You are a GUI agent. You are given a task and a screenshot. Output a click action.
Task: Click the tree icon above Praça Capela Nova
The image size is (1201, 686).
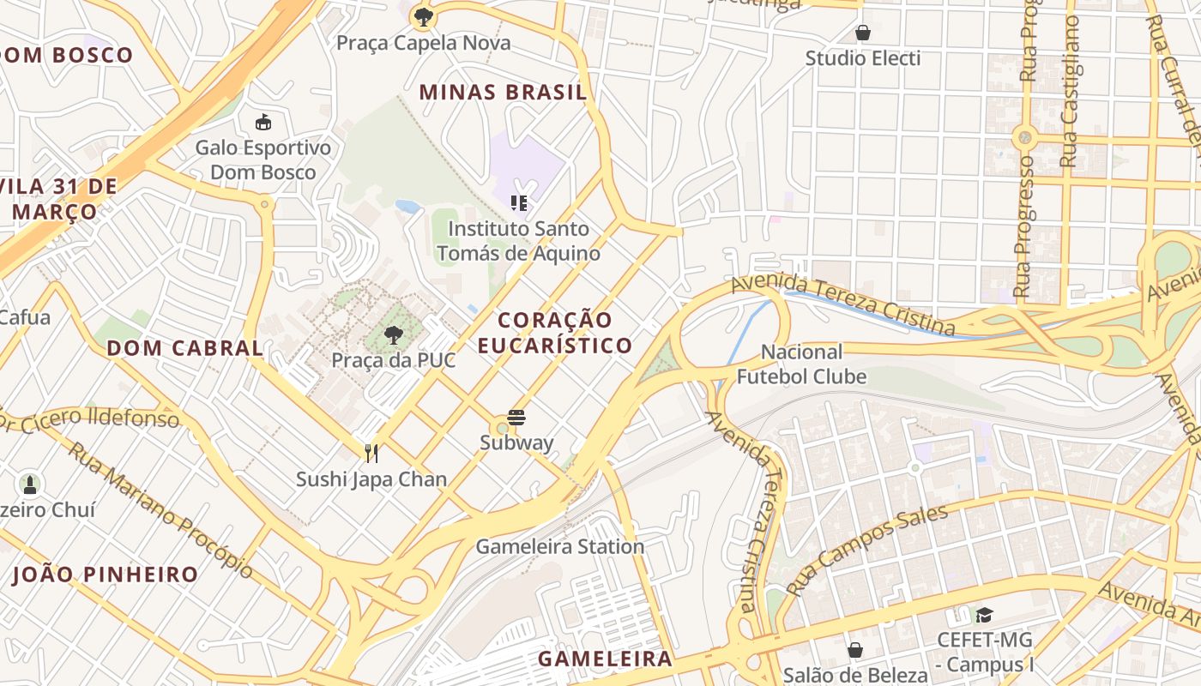(422, 15)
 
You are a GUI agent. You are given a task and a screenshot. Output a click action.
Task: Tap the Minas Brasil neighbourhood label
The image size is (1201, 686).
(504, 92)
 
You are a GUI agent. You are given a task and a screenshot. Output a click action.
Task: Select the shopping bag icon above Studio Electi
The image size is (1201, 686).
(862, 33)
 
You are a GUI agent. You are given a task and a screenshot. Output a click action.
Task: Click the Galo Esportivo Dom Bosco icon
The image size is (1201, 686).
(263, 122)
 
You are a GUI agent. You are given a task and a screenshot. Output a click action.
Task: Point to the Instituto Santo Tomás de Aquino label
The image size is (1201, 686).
(518, 241)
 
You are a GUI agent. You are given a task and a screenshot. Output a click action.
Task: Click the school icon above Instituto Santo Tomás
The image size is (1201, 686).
(518, 202)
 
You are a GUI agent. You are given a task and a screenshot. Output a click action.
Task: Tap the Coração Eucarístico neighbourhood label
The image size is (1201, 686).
(555, 333)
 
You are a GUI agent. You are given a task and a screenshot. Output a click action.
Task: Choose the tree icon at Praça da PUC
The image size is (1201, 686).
(393, 334)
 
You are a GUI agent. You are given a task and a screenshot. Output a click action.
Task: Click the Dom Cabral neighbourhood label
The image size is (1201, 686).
(184, 348)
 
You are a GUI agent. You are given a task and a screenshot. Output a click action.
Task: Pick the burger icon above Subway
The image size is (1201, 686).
(516, 418)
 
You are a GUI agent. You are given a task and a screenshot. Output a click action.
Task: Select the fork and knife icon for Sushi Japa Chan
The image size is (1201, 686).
(371, 453)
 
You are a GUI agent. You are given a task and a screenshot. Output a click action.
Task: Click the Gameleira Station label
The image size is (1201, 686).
(559, 547)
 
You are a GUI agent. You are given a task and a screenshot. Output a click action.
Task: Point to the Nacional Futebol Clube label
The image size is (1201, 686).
(801, 364)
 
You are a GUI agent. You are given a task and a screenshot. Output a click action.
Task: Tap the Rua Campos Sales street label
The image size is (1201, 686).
(866, 549)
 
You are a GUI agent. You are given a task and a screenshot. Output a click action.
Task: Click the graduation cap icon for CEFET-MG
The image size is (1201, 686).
(983, 615)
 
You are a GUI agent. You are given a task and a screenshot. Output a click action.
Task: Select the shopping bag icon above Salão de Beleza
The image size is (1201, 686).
(854, 650)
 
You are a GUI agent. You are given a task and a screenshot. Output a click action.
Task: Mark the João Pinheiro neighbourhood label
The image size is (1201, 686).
(105, 575)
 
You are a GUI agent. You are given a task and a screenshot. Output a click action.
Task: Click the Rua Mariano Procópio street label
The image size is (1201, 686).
(160, 509)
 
